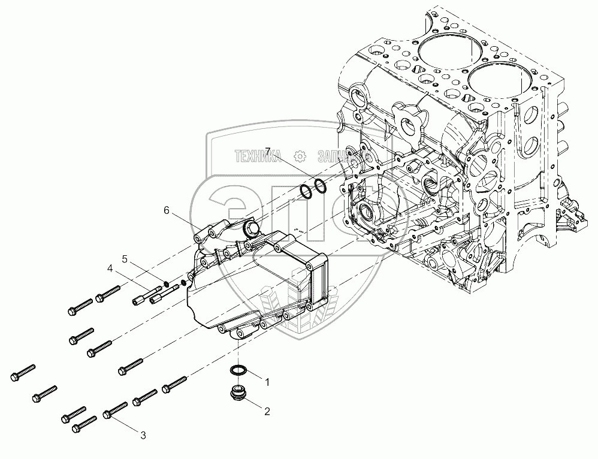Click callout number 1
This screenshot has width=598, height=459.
point(267,381)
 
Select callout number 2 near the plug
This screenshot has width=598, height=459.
point(267,411)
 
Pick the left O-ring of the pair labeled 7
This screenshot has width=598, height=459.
point(306,192)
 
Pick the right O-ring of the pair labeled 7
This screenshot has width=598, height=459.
point(321,186)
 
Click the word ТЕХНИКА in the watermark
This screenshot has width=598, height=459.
point(258,158)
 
